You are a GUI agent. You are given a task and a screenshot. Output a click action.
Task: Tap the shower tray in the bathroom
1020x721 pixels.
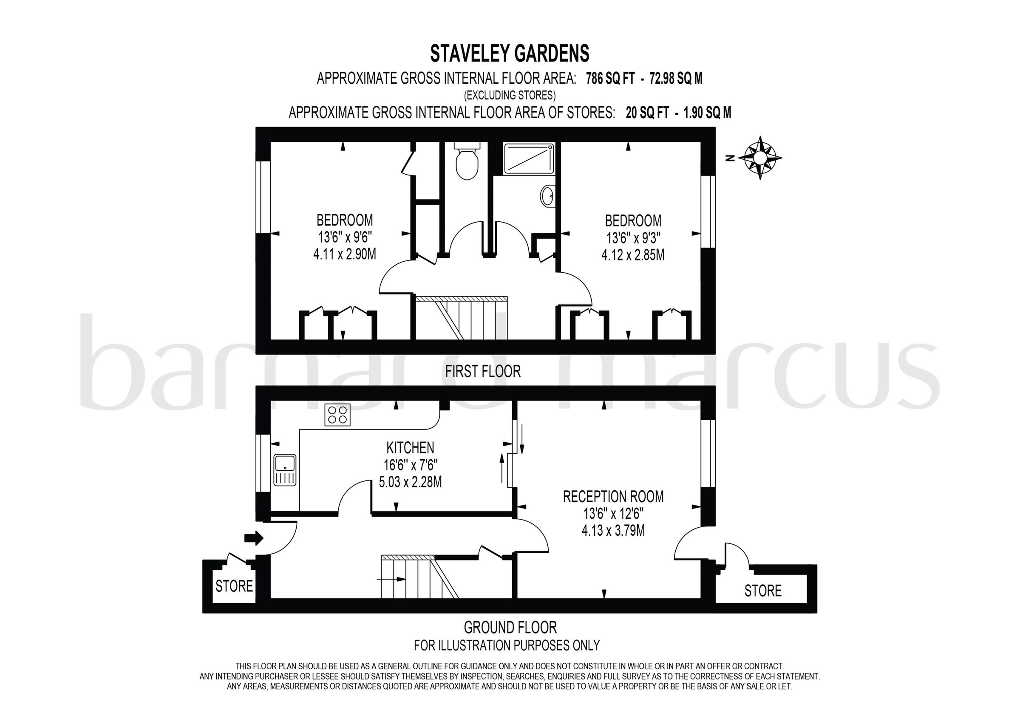529,158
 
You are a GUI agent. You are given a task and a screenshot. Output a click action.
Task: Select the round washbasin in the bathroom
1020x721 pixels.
548,195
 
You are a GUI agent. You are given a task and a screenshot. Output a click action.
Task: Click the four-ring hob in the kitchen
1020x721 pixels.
337,415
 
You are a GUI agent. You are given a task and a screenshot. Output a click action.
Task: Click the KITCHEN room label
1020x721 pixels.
410,447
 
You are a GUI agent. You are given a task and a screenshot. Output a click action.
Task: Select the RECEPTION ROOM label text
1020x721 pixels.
613,497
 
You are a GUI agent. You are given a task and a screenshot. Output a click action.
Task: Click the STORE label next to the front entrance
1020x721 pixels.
234,586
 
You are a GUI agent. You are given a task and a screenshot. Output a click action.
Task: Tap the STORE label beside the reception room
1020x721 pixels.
763,591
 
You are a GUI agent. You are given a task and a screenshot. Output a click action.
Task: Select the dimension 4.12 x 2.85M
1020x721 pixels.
633,255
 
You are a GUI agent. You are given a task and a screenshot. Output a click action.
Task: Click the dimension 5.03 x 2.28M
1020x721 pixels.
410,482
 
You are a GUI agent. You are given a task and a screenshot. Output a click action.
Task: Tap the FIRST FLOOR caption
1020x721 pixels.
483,371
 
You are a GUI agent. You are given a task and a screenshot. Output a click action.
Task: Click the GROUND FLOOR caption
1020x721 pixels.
510,627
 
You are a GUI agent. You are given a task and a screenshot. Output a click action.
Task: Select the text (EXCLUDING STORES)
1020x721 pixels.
510,95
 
